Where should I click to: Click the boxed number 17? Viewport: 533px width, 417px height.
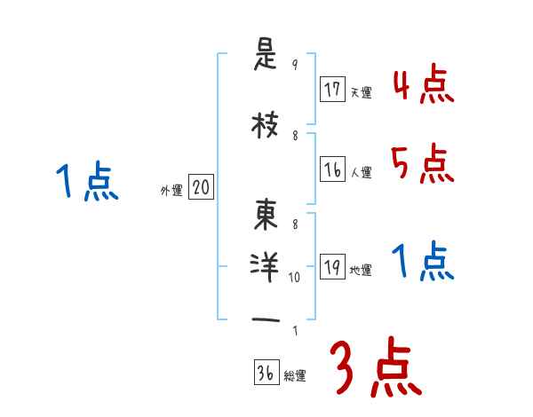point(333,90)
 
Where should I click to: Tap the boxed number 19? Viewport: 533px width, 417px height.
point(333,268)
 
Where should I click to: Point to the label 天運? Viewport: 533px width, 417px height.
point(362,92)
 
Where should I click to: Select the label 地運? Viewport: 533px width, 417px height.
point(362,271)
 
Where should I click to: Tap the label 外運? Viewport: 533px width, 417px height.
point(171,189)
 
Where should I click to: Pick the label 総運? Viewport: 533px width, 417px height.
point(295,376)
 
